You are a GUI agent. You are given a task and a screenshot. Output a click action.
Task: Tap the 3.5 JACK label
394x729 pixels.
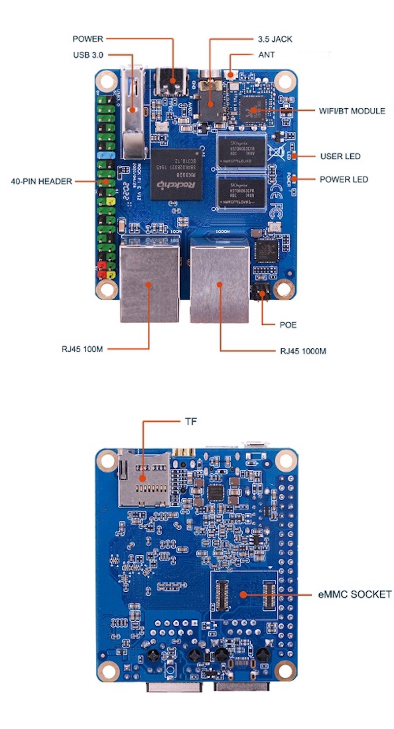[275, 39]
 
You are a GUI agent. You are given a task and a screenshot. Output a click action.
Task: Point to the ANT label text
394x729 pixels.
[266, 55]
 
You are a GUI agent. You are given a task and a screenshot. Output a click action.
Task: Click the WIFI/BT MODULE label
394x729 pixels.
[352, 111]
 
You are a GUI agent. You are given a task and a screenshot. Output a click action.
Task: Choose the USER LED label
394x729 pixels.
[340, 156]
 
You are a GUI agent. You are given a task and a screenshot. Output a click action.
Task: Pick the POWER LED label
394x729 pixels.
[343, 179]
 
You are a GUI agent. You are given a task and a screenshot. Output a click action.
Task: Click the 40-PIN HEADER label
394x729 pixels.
[41, 181]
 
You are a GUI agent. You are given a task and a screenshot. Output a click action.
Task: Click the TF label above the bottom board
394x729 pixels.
[191, 421]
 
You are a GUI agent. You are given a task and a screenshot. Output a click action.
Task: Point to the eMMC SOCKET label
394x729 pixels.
[355, 594]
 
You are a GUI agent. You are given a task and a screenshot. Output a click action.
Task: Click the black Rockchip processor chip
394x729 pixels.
[176, 174]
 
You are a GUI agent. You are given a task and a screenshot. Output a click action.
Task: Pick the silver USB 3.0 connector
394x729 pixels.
[131, 113]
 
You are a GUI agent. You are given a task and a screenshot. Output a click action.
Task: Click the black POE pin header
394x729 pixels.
[260, 292]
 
